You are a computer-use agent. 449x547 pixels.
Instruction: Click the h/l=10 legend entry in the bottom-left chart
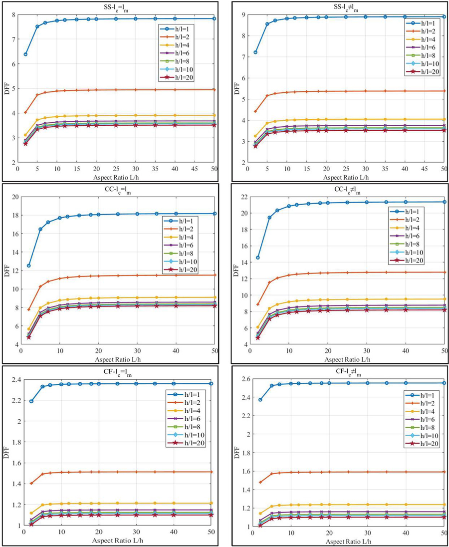(x=182, y=435)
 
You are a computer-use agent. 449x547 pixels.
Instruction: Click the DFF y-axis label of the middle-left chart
(x=6, y=271)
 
